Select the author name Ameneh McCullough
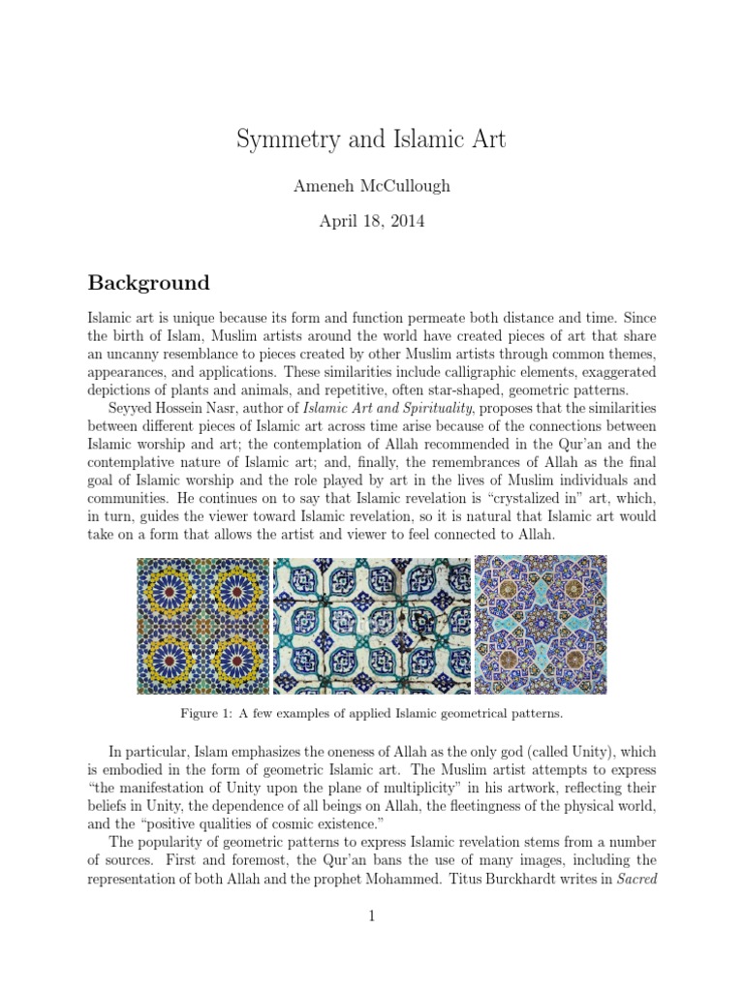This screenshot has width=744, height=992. coord(371,186)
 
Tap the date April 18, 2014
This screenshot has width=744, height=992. coord(371,221)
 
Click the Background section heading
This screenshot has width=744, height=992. coord(148,283)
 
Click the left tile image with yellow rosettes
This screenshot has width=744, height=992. coord(202,625)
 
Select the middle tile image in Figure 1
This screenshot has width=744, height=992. coord(371,625)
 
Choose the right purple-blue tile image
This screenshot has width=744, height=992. coord(540,625)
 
